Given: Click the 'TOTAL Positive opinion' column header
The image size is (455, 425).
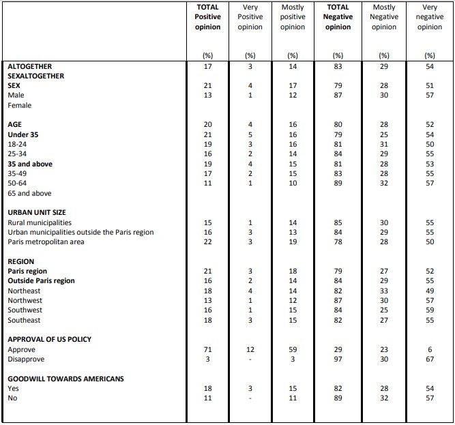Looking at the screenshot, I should [207, 17].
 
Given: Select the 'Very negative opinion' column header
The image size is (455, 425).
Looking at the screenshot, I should [429, 17].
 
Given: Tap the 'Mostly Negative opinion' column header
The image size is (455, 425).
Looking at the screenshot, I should [383, 17].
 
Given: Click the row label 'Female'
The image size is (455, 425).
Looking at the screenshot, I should [20, 106].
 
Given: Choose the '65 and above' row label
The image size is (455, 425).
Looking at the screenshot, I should [31, 194].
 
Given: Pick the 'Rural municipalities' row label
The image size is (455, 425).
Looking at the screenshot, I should [40, 223].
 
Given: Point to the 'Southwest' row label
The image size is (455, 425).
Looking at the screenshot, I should [25, 310].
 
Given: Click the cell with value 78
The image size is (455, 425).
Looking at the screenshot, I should [338, 242].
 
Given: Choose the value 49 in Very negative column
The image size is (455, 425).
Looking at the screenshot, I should [429, 291].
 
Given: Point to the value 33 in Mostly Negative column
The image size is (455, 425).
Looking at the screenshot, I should [383, 291].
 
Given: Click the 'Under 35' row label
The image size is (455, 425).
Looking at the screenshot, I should [23, 135].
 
